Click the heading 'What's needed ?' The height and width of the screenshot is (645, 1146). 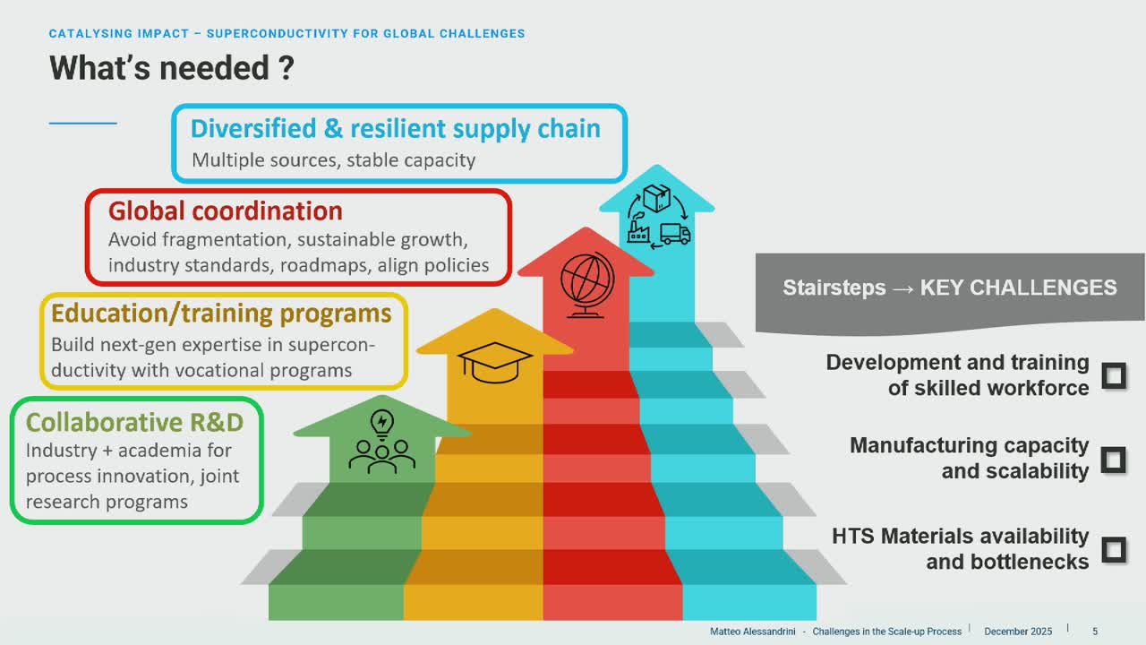click(x=172, y=68)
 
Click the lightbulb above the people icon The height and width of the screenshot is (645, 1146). click(x=382, y=424)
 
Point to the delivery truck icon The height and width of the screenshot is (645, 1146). click(x=675, y=234)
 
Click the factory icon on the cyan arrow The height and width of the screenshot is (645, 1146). click(x=638, y=232)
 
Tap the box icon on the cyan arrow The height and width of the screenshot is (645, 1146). click(x=657, y=198)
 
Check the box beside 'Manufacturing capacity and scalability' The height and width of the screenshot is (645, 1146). click(x=1113, y=460)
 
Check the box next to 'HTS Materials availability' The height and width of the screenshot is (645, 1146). click(x=1113, y=550)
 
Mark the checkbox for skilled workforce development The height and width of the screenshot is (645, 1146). click(x=1113, y=376)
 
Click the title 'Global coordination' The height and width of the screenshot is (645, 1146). click(x=225, y=211)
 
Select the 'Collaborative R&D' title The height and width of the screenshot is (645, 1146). click(x=134, y=422)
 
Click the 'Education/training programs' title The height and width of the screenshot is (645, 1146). click(x=221, y=314)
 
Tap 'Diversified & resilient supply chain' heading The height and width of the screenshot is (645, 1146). click(x=396, y=128)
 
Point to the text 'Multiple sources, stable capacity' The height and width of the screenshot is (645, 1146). click(x=334, y=160)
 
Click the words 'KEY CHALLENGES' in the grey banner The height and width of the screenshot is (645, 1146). click(x=1018, y=288)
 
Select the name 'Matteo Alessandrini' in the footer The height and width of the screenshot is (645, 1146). click(x=753, y=632)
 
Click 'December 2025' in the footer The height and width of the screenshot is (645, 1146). click(x=1018, y=632)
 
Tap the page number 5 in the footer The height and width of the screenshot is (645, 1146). click(x=1095, y=632)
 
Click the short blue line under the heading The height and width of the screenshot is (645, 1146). click(x=83, y=124)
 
